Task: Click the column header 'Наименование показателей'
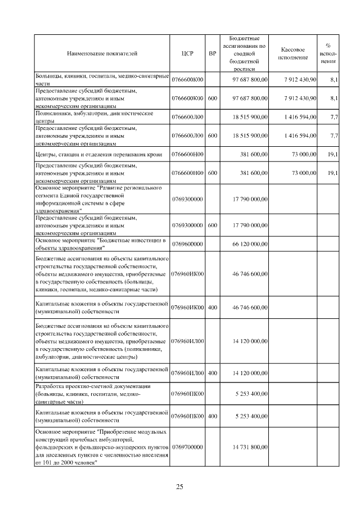coord(102,53)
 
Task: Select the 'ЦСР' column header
coord(187,53)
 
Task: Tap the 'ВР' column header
coord(212,53)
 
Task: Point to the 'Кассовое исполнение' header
coord(296,53)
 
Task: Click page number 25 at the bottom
coord(179,487)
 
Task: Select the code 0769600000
coord(187,244)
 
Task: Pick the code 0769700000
coord(187,447)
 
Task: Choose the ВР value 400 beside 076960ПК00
coord(212,416)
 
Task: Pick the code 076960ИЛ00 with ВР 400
coord(187,372)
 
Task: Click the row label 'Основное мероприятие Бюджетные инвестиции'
coord(101,244)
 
